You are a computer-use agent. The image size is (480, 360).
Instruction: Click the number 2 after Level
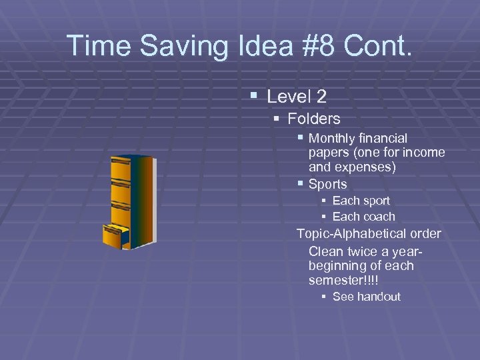pos(321,97)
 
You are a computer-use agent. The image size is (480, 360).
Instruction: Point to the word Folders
pos(314,119)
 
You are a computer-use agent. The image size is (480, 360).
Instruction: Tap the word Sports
pos(328,184)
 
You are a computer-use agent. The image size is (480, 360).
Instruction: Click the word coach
pos(380,217)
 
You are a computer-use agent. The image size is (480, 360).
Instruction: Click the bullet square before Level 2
pos(253,96)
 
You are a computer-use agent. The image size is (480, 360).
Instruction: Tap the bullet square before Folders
pos(277,119)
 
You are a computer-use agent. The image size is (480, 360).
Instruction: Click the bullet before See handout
pos(323,297)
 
